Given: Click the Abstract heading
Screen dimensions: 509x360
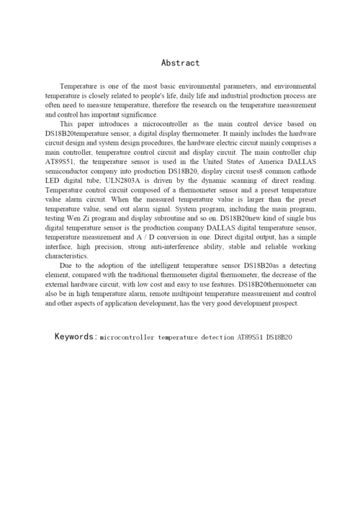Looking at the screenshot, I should click(180, 63).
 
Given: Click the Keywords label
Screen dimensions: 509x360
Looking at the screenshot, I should click(75, 336).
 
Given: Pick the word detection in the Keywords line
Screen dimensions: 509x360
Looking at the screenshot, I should click(215, 337).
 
